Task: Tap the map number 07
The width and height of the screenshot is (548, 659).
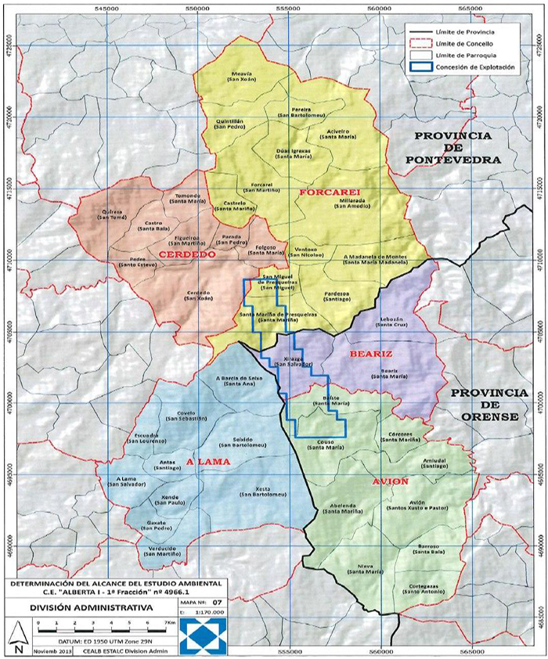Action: pos(207,602)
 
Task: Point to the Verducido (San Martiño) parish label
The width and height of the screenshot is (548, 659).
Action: pos(170,550)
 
